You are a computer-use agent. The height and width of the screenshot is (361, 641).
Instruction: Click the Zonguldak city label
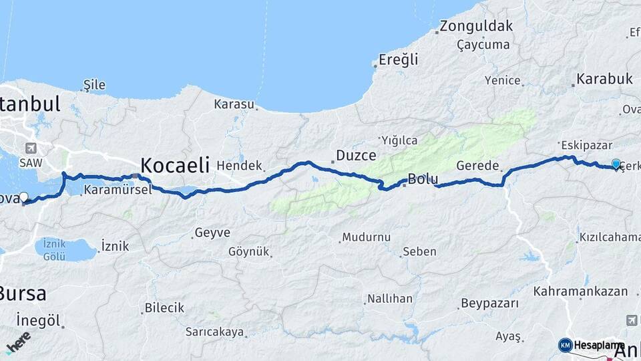(x=476, y=27)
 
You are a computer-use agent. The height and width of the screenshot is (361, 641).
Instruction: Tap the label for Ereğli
(x=398, y=59)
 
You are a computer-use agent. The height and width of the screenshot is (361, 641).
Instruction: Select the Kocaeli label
(x=174, y=164)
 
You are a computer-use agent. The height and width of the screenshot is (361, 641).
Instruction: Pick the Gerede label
(x=478, y=165)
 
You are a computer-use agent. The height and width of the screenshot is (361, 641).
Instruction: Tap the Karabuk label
(x=605, y=79)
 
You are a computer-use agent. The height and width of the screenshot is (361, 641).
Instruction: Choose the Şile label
(x=94, y=85)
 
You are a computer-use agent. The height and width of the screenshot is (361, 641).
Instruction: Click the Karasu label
(x=234, y=104)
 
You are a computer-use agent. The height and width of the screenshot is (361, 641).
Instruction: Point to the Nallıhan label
(x=390, y=298)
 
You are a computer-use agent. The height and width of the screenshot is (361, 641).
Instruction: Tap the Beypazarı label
(x=489, y=304)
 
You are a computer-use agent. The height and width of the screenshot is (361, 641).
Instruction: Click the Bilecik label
(x=164, y=308)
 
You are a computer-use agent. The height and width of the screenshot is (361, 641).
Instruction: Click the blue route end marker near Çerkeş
(x=616, y=163)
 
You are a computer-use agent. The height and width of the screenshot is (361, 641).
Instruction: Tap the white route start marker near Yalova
(x=24, y=197)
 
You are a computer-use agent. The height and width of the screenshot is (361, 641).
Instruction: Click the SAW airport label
(x=31, y=162)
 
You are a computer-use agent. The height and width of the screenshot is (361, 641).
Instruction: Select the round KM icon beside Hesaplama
(x=565, y=345)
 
